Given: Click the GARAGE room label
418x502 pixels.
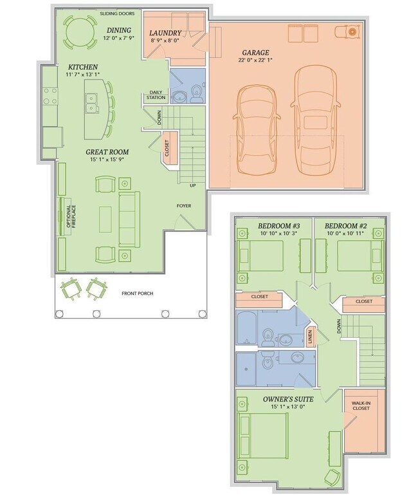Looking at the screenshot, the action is click(255, 53).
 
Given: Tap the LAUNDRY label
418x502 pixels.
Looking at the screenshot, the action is click(165, 33).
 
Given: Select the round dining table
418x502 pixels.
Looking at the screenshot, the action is click(80, 32).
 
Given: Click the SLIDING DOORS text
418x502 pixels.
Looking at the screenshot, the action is click(117, 14).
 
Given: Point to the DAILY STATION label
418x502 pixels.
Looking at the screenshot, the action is click(156, 95).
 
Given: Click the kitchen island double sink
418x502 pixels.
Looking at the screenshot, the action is click(91, 102).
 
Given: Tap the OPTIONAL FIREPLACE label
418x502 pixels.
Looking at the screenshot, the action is click(71, 216).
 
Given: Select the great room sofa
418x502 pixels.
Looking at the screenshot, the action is click(129, 219).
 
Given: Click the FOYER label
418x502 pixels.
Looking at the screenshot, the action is click(184, 206).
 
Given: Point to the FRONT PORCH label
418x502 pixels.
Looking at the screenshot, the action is click(138, 293).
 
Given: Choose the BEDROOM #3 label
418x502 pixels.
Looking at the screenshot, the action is click(279, 226).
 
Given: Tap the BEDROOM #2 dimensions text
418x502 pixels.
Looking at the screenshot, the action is click(345, 234).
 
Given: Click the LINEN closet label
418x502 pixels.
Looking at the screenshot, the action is click(310, 337).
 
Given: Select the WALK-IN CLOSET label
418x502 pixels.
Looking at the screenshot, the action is click(361, 405).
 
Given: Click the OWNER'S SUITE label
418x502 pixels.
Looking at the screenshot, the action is click(288, 399).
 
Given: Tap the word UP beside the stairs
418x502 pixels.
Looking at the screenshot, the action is click(193, 185).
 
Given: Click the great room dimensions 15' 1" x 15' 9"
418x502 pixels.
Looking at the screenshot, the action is click(107, 160).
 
